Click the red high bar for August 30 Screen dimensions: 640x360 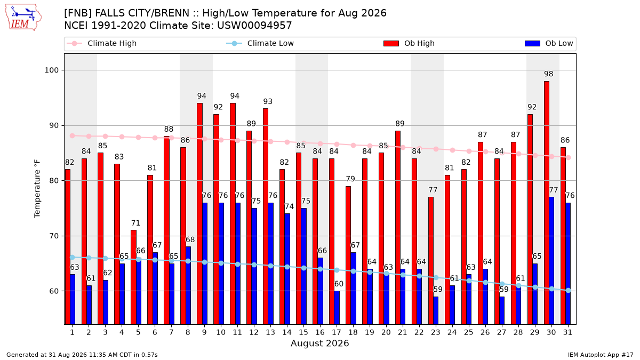click(547, 203)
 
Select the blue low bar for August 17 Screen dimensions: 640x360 click(337, 308)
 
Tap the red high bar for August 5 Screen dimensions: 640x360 click(134, 277)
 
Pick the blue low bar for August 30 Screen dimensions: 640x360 click(551, 261)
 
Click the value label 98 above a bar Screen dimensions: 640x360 click(549, 74)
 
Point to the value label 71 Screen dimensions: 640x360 click(135, 223)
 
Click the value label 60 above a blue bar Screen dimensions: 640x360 click(339, 284)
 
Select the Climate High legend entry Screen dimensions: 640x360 click(102, 43)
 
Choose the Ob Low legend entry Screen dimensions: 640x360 click(549, 43)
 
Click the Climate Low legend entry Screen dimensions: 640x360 click(260, 43)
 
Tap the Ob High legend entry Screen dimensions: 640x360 click(409, 43)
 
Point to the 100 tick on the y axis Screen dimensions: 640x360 click(51, 70)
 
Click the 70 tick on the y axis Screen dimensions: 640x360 click(54, 236)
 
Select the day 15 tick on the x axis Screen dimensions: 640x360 click(303, 332)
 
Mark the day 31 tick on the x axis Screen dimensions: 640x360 click(567, 332)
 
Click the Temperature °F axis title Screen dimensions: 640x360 click(37, 189)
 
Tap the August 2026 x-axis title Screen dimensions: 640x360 click(319, 343)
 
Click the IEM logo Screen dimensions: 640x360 click(23, 18)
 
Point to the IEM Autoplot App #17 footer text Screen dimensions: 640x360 click(601, 355)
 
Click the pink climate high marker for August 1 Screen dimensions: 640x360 click(73, 135)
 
